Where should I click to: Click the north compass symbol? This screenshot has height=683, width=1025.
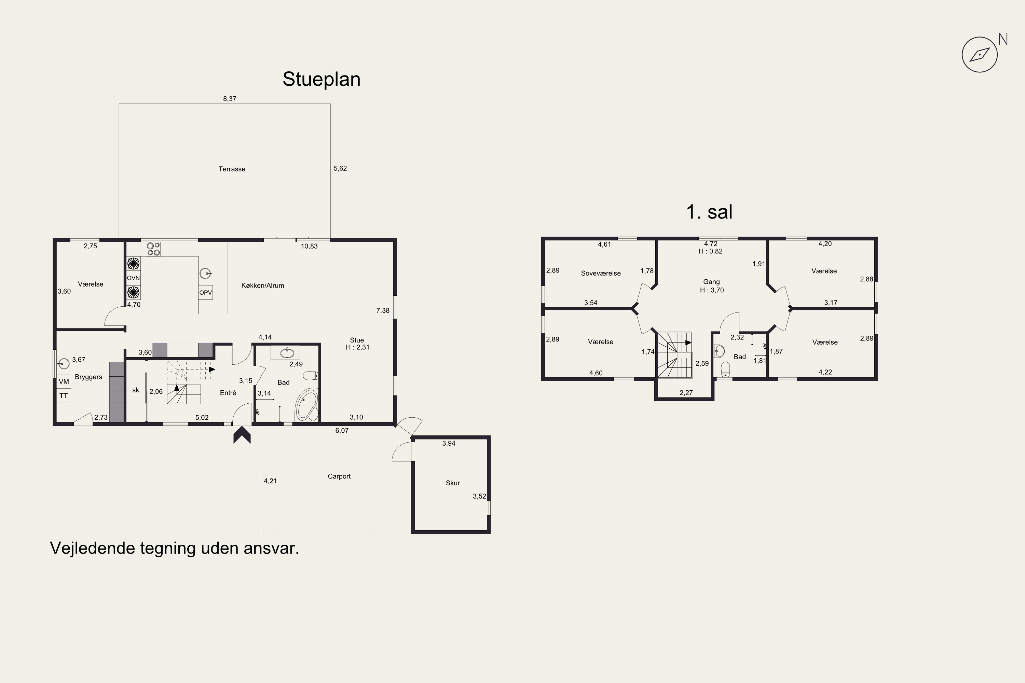tap(980, 54)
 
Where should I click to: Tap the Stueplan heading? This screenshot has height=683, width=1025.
tap(322, 79)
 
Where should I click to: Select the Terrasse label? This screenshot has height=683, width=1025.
tap(232, 169)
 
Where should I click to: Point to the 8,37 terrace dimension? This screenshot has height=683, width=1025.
tap(230, 99)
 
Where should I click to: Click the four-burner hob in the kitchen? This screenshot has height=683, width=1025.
tap(153, 249)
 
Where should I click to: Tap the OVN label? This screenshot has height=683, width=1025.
tap(133, 278)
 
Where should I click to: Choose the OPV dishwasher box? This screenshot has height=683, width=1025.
tap(206, 292)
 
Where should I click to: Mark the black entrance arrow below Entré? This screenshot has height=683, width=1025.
tap(242, 435)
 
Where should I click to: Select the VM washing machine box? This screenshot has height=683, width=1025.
tap(64, 381)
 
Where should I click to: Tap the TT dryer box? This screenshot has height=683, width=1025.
tap(64, 396)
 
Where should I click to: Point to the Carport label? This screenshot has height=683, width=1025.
tap(339, 476)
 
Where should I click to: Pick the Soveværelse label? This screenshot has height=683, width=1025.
tap(601, 274)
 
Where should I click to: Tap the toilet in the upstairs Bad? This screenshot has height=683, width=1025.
tap(725, 369)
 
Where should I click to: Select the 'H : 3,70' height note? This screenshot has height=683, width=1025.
tap(712, 290)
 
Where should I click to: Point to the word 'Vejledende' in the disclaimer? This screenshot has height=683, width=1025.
tap(92, 548)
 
